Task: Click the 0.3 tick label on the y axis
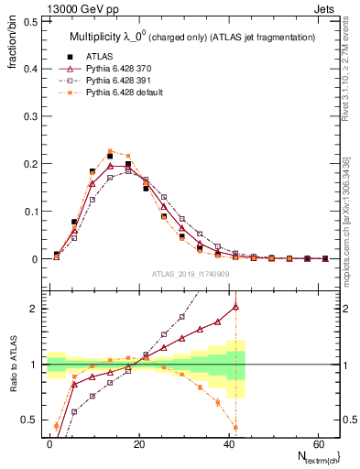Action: [27, 116]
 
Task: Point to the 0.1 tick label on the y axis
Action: [27, 212]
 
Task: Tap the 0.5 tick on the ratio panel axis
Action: [27, 420]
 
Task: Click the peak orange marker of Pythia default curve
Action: [110, 151]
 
